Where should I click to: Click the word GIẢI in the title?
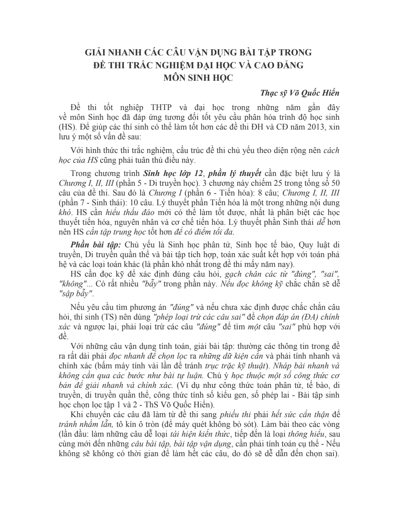(95, 52)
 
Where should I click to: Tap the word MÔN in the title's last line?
(175, 77)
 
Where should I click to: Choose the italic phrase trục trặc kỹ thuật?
(236, 366)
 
